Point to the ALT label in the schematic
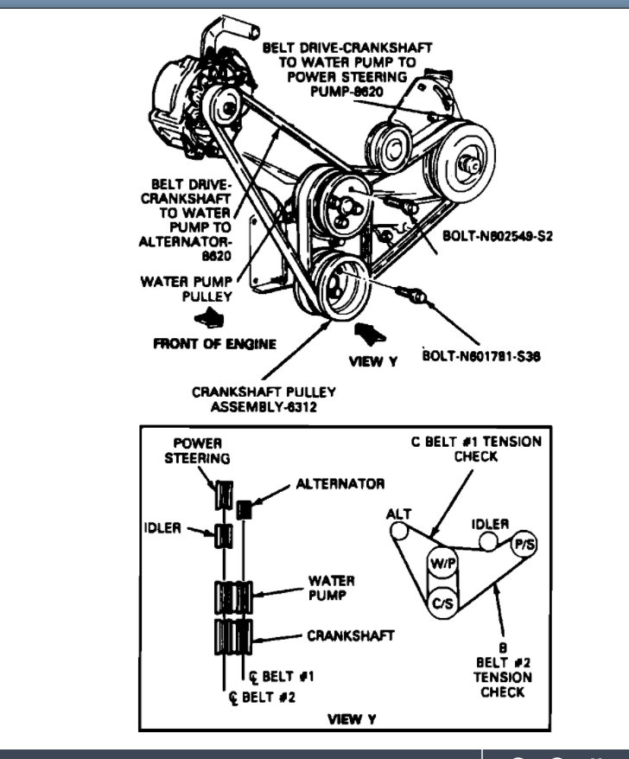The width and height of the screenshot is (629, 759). point(398,513)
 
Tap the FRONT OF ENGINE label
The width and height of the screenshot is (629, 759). point(214,343)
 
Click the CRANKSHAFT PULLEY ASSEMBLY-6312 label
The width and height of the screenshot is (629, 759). point(264,399)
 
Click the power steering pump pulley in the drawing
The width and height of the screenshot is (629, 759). point(467,156)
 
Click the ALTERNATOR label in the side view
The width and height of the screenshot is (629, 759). point(340,483)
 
